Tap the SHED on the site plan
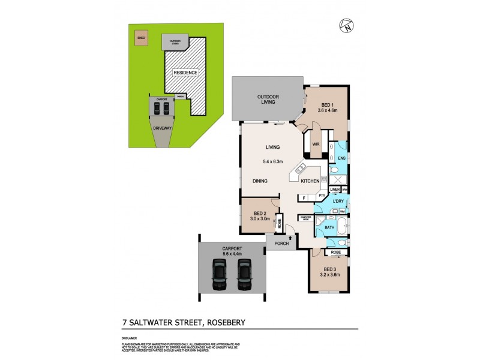point(142,37)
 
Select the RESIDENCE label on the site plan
point(185,73)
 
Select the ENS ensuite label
point(341,158)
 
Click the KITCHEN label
point(309,181)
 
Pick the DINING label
point(259,181)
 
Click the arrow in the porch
point(291,238)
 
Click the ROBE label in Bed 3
point(336,253)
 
